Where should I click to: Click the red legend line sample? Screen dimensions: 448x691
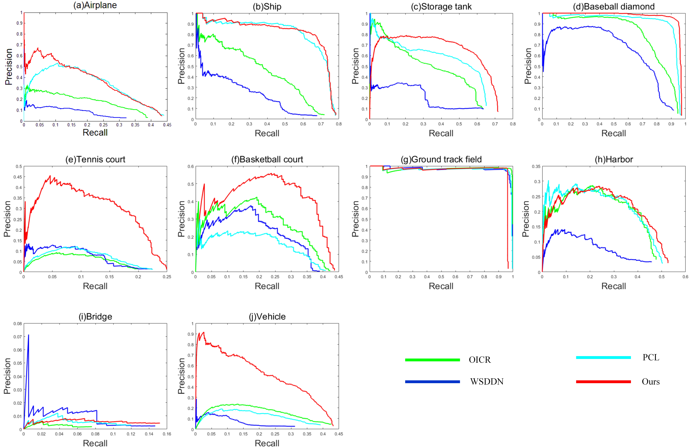(603, 382)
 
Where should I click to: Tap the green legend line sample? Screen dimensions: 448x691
(432, 360)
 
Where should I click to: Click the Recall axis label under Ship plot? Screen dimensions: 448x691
(267, 133)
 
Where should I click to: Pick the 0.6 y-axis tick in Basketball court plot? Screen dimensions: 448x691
(190, 166)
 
